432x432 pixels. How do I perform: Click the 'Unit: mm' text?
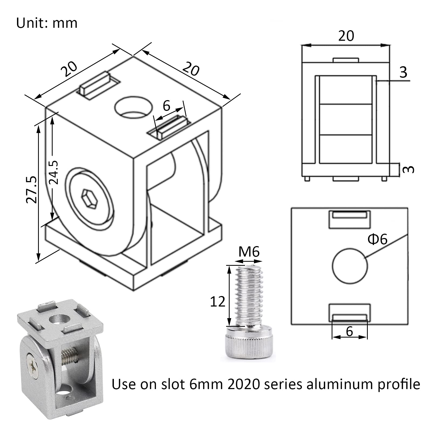[47, 23]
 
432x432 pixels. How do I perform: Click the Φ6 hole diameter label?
[377, 239]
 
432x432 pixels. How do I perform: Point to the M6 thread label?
[249, 252]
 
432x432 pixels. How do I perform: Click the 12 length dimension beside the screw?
[217, 301]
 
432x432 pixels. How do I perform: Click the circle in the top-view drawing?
[350, 266]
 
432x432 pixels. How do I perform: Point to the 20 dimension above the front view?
[346, 36]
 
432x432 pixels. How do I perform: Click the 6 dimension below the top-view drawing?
[349, 331]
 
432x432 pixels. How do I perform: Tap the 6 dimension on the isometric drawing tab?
[166, 106]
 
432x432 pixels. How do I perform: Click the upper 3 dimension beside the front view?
[403, 72]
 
